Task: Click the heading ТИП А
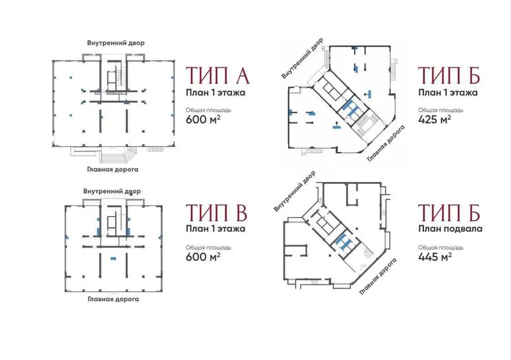click(x=217, y=75)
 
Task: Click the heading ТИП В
click(x=217, y=213)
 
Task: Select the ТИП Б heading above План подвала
click(x=449, y=213)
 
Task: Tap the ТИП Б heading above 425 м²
click(x=449, y=75)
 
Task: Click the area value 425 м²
click(x=434, y=119)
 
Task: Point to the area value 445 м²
click(x=435, y=257)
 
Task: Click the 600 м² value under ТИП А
click(x=203, y=119)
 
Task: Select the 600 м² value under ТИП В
click(x=203, y=257)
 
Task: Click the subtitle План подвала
click(x=450, y=229)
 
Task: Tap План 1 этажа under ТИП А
click(x=215, y=93)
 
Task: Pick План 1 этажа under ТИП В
click(x=215, y=229)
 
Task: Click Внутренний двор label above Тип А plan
click(x=116, y=43)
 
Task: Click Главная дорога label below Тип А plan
click(x=112, y=169)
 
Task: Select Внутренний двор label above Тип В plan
click(x=112, y=191)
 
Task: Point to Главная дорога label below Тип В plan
click(x=113, y=299)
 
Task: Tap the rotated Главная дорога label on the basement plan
click(x=378, y=276)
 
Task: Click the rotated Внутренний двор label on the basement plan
click(x=294, y=191)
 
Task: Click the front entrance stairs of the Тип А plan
click(x=114, y=155)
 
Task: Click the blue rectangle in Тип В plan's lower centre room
click(x=113, y=259)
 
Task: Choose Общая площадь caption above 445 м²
click(x=441, y=248)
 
